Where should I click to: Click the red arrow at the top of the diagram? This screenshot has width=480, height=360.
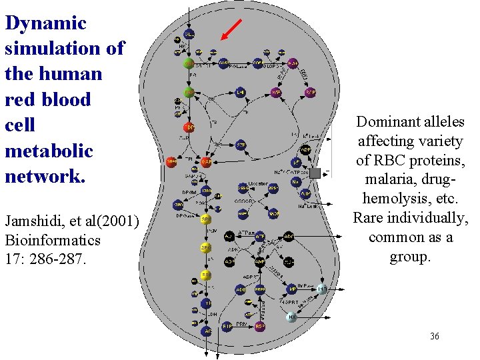230,31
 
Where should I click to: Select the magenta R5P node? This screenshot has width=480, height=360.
275,92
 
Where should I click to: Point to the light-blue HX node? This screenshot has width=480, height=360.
291,317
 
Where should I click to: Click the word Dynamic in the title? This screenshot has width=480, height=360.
45,23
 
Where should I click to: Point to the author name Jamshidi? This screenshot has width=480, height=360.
33,221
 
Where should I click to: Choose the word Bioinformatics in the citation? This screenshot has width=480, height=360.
53,239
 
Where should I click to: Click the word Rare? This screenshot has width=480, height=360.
368,218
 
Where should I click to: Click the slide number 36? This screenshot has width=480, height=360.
434,336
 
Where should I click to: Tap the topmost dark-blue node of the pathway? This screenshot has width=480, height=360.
189,33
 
